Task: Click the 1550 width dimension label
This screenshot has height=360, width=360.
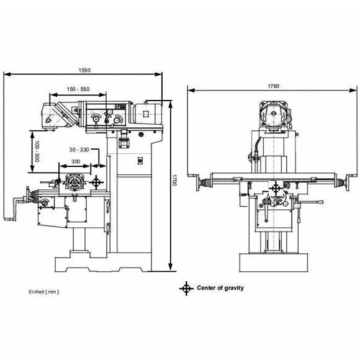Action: [x=84, y=70]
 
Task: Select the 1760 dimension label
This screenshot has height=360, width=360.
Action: [x=274, y=86]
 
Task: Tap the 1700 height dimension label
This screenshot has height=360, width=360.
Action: [x=174, y=180]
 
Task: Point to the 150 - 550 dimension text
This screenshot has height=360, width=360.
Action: [x=78, y=89]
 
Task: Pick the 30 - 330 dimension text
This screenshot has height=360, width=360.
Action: [x=79, y=150]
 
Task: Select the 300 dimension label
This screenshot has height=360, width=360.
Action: [x=76, y=161]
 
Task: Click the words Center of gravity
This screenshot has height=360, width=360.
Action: [x=220, y=288]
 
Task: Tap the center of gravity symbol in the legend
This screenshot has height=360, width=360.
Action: [x=186, y=289]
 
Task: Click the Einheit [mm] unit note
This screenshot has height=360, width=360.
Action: [x=44, y=292]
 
